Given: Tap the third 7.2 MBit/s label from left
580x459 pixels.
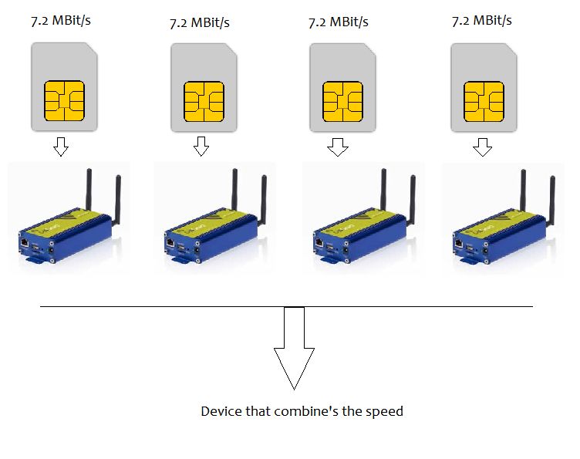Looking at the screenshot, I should (x=337, y=22).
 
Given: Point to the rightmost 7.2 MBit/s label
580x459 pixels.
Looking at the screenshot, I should (x=482, y=21).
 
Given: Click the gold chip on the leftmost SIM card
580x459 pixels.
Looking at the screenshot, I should (x=65, y=100).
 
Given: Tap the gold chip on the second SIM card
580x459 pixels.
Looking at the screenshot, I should (x=204, y=100).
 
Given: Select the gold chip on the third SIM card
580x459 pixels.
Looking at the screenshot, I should (x=342, y=100).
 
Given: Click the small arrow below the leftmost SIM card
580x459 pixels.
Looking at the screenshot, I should (x=60, y=147).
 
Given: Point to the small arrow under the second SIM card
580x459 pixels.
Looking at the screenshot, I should (x=201, y=146).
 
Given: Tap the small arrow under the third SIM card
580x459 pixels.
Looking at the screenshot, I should (x=337, y=147).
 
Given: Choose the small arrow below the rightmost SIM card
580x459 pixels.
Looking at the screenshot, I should (x=482, y=147).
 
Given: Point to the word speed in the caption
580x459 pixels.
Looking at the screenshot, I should (x=384, y=412).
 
